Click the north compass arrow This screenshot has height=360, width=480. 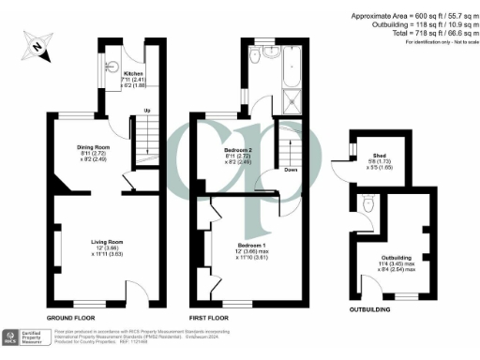click(x=34, y=42)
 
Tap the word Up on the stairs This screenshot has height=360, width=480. click(x=145, y=112)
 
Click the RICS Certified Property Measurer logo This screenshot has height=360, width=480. click(x=24, y=337)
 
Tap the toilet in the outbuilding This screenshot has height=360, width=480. click(x=368, y=203)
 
